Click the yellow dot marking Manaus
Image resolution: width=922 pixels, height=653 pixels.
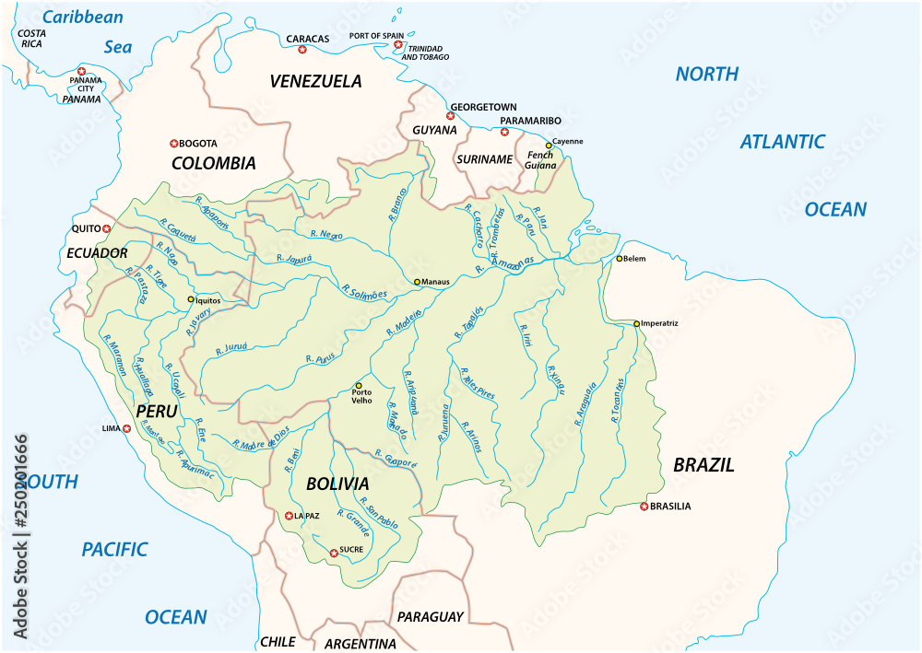pyautogui.click(x=417, y=282)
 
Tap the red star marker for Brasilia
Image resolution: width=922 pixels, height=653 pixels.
pyautogui.click(x=644, y=506)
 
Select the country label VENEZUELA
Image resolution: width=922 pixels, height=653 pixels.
pyautogui.click(x=315, y=81)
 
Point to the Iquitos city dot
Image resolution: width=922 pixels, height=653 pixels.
pyautogui.click(x=191, y=299)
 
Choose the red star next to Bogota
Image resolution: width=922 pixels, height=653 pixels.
pyautogui.click(x=173, y=143)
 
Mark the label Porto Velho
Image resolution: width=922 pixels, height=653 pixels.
pyautogui.click(x=361, y=397)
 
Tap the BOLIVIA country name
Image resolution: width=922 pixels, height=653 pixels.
pyautogui.click(x=338, y=484)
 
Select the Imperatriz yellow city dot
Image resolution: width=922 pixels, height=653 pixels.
pyautogui.click(x=636, y=323)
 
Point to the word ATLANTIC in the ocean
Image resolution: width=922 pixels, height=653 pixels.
pyautogui.click(x=783, y=142)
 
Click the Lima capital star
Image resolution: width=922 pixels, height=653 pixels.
pyautogui.click(x=126, y=428)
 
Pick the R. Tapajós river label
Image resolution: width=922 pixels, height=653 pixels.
pyautogui.click(x=466, y=319)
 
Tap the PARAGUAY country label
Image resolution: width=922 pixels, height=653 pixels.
pyautogui.click(x=429, y=616)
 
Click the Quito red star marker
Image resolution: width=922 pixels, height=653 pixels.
pyautogui.click(x=107, y=228)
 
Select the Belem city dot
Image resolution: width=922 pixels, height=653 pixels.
pyautogui.click(x=620, y=259)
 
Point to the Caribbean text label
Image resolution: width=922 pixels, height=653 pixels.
pyautogui.click(x=83, y=17)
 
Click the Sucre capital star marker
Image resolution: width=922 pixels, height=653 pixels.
pyautogui.click(x=334, y=554)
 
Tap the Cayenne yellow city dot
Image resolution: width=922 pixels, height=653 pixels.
pyautogui.click(x=550, y=145)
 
